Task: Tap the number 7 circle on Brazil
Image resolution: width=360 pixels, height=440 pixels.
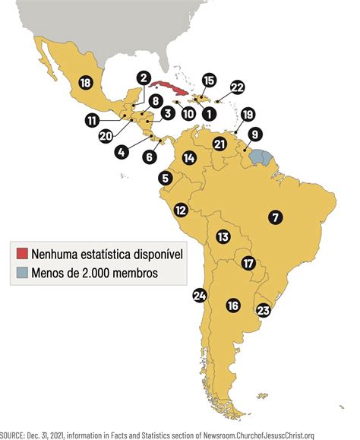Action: click(275, 217)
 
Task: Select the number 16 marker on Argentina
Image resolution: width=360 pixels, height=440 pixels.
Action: click(232, 305)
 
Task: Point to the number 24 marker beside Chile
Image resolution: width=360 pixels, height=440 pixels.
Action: click(201, 296)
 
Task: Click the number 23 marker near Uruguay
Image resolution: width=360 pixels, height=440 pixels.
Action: click(264, 310)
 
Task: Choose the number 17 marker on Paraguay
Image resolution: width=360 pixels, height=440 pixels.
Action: click(248, 264)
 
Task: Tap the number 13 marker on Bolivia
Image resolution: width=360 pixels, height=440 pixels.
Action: click(223, 237)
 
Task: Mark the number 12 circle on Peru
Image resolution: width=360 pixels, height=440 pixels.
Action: click(181, 210)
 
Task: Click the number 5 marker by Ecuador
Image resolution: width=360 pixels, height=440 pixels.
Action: click(165, 178)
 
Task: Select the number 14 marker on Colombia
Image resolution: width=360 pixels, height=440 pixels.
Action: click(189, 158)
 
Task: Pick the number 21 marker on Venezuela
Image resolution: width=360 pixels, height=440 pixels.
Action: click(219, 144)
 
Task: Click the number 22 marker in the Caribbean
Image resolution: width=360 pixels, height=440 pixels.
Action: click(237, 87)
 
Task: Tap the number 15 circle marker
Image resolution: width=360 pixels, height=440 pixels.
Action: click(209, 80)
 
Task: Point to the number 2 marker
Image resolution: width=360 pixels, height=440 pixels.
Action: click(143, 77)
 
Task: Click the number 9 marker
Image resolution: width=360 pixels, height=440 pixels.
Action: click(255, 135)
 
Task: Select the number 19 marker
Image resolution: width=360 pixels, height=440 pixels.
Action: click(248, 115)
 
